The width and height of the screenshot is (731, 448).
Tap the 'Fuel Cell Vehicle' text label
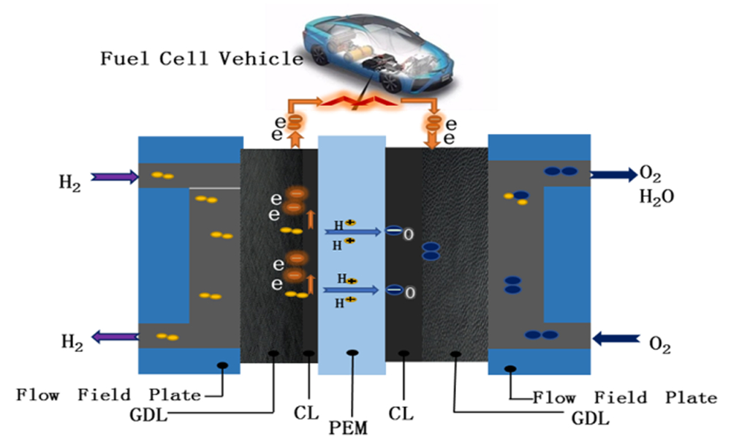[201, 59]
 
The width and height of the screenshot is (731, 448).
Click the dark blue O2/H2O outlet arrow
[613, 174]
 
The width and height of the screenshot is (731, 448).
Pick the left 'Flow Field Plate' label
[109, 396]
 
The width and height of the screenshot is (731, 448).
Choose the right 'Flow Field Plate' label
[624, 397]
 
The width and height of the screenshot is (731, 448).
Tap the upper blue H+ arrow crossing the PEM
[354, 232]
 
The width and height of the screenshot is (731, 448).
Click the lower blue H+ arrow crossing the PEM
[352, 290]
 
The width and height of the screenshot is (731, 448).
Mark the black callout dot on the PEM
[352, 353]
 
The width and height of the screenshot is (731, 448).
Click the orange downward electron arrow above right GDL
[434, 135]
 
